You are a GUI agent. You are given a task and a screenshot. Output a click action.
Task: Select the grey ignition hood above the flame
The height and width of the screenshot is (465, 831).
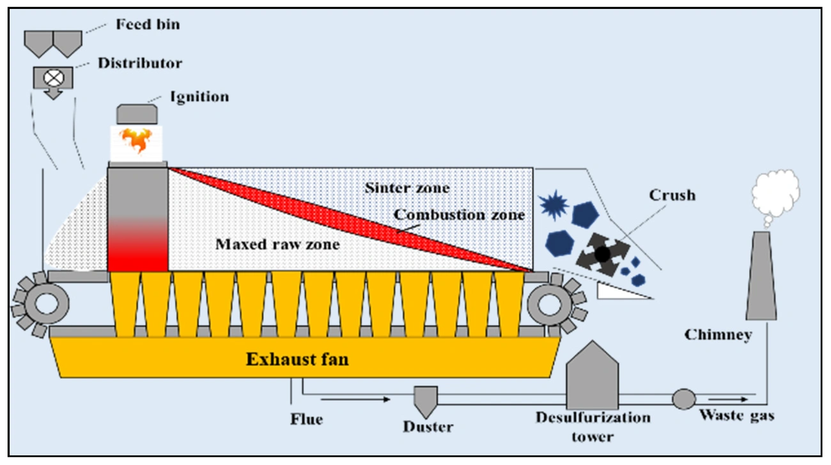coord(137,114)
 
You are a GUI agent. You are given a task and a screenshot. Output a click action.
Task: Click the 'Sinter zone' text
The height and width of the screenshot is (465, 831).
coord(407,188)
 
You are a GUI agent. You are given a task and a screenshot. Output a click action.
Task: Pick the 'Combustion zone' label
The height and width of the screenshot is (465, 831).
coord(459,215)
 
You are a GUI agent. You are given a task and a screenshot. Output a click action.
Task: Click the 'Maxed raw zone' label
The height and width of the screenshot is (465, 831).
coord(277,244)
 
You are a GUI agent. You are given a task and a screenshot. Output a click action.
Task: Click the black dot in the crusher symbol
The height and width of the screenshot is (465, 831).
coord(602,254)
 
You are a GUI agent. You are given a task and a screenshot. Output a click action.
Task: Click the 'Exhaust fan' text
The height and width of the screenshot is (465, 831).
coord(298,360)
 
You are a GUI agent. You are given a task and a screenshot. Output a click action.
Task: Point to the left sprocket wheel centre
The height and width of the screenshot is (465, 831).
coord(46,303)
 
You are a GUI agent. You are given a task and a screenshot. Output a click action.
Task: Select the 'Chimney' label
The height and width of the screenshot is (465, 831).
coord(717,335)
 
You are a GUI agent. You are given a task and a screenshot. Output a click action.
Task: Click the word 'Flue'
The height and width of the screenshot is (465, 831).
coord(307,420)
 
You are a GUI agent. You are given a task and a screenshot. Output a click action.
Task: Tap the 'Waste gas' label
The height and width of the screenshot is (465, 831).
coord(736,416)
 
